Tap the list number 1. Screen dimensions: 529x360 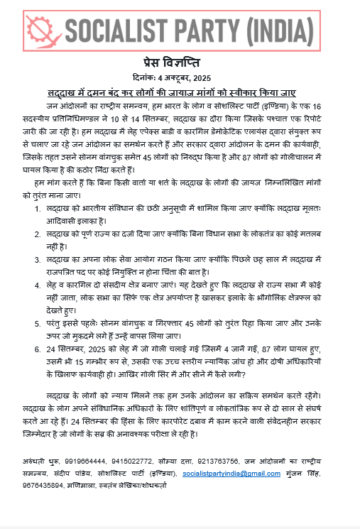coord(38,211)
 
